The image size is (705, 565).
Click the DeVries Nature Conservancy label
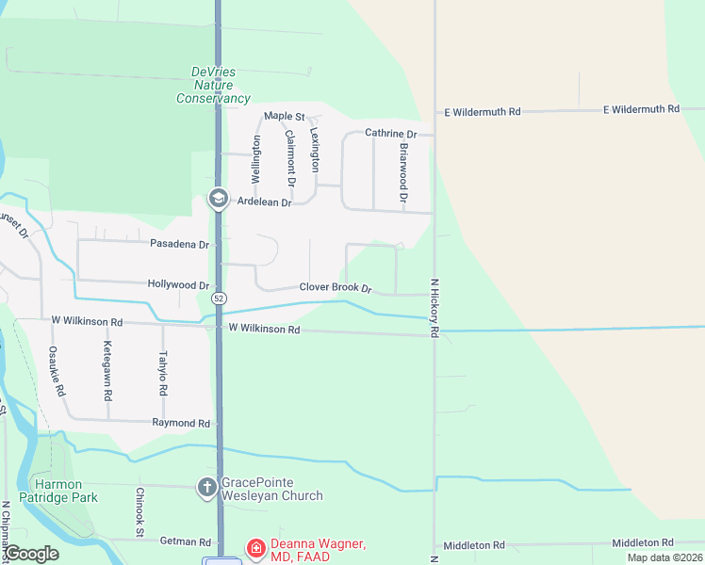(213, 85)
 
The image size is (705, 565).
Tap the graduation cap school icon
(219, 198)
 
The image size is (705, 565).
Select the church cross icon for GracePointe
(207, 487)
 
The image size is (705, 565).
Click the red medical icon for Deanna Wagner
(255, 547)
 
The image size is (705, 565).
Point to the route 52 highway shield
(219, 298)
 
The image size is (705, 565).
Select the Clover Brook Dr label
(336, 287)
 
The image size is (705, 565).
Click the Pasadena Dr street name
(179, 244)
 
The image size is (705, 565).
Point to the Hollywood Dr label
(178, 284)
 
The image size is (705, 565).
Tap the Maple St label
(284, 116)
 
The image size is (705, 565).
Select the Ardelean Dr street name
(264, 202)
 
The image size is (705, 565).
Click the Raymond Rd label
(181, 424)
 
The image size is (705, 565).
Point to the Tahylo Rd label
(163, 373)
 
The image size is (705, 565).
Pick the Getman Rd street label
(186, 541)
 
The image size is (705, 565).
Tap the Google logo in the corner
(32, 554)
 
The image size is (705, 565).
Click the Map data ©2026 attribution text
(665, 557)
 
